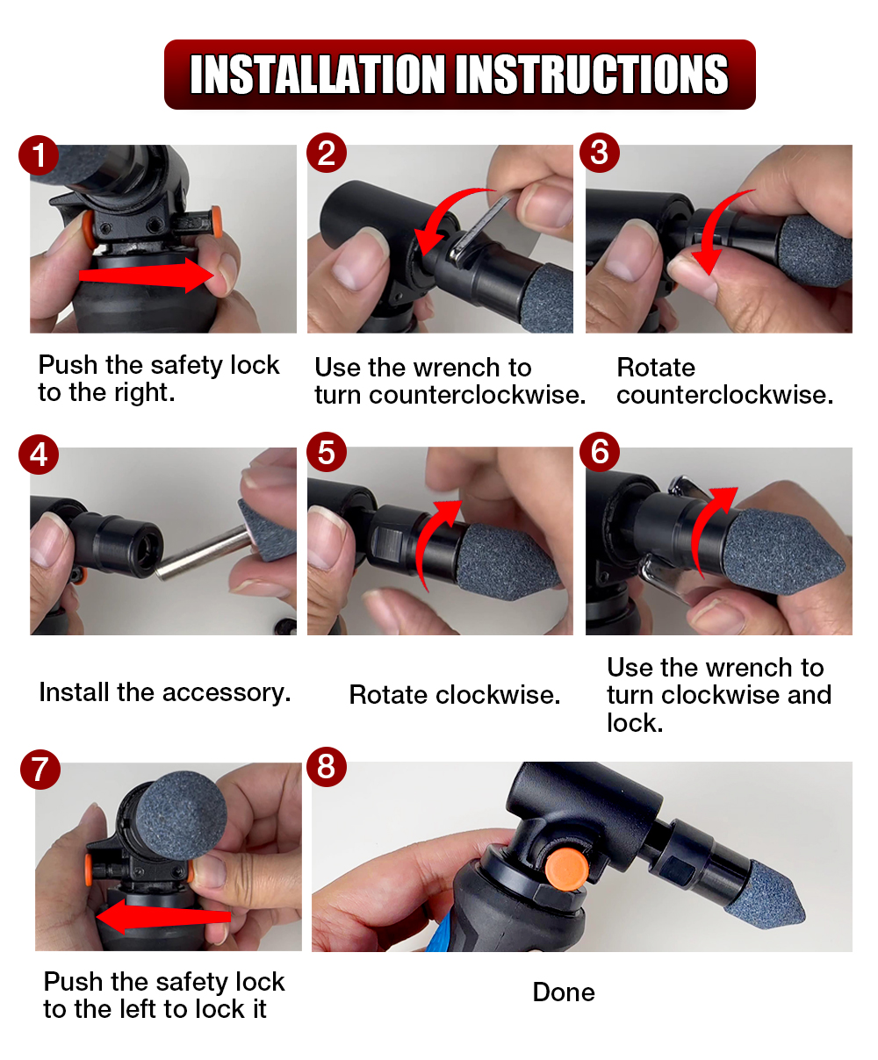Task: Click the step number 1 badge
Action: pos(39,155)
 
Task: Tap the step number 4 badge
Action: pos(39,455)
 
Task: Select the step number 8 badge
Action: pos(327,767)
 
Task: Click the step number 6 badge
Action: pos(600,452)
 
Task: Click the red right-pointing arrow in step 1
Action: pos(147,276)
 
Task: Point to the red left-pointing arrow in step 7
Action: pos(162,917)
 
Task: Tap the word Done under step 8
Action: pos(564,992)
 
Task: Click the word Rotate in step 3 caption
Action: pos(656,367)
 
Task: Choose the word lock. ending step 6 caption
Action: pos(635,723)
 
